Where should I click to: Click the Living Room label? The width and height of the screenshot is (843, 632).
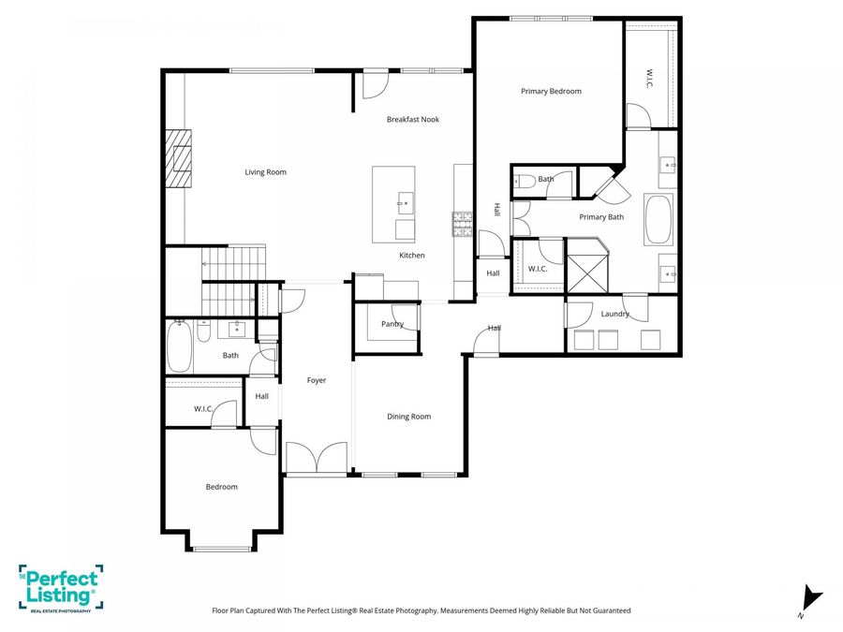(265, 172)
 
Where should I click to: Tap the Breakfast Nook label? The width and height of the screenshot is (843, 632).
(413, 120)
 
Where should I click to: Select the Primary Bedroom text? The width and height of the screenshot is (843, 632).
(551, 92)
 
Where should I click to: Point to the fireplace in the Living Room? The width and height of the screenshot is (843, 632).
(179, 159)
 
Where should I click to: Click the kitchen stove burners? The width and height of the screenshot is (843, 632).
(463, 223)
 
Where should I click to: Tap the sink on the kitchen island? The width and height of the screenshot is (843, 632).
(405, 202)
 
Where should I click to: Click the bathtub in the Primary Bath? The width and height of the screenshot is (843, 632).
(658, 219)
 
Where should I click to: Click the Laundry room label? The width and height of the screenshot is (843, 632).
(615, 315)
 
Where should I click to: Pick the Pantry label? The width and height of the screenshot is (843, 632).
(392, 324)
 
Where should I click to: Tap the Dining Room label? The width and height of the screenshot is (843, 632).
(409, 417)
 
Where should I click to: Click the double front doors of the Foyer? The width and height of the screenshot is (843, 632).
(318, 459)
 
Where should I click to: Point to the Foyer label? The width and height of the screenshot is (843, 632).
(317, 380)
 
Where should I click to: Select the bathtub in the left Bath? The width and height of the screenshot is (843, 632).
(179, 346)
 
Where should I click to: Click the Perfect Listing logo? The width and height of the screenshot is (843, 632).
(60, 588)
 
